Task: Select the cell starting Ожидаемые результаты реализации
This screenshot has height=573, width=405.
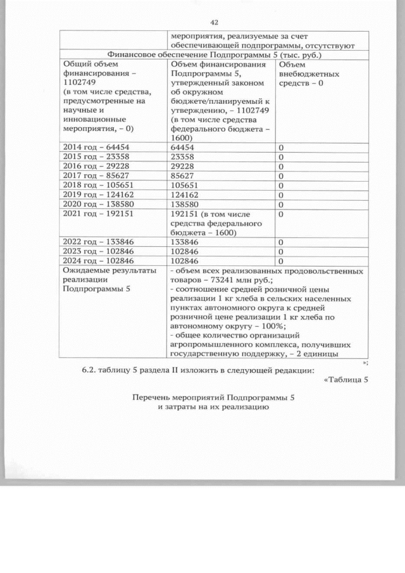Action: click(95, 280)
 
